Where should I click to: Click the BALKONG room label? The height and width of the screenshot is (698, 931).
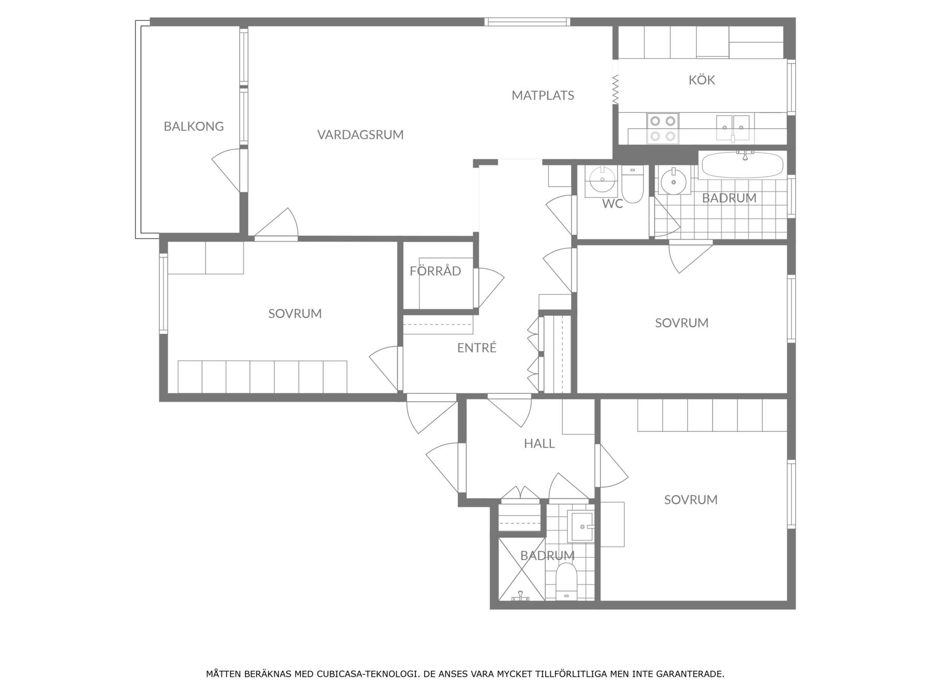[x=193, y=126]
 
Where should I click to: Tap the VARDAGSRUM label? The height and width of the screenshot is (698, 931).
[x=360, y=134]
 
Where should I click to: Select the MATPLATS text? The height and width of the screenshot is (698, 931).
[x=543, y=95]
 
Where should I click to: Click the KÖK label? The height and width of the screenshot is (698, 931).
[x=701, y=80]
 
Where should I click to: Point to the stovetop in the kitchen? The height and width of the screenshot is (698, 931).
[x=663, y=128]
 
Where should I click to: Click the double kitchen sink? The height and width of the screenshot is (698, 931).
[x=732, y=127]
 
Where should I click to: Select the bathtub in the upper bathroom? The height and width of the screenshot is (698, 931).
[x=742, y=165]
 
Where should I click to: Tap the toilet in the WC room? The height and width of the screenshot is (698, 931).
[x=632, y=185]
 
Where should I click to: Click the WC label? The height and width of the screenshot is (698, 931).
[x=612, y=204]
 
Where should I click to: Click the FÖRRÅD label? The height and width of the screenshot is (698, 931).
[x=435, y=271]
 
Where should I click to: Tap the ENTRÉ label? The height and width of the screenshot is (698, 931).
[x=476, y=348]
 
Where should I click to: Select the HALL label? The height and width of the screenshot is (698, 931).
[x=539, y=444]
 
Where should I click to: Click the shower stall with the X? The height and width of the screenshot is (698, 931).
[x=521, y=569]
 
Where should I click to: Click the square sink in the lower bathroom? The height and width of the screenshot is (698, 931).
[x=580, y=526]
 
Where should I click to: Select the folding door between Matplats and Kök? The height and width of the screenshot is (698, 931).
[x=615, y=89]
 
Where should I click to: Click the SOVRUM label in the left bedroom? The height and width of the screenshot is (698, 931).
[x=295, y=313]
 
